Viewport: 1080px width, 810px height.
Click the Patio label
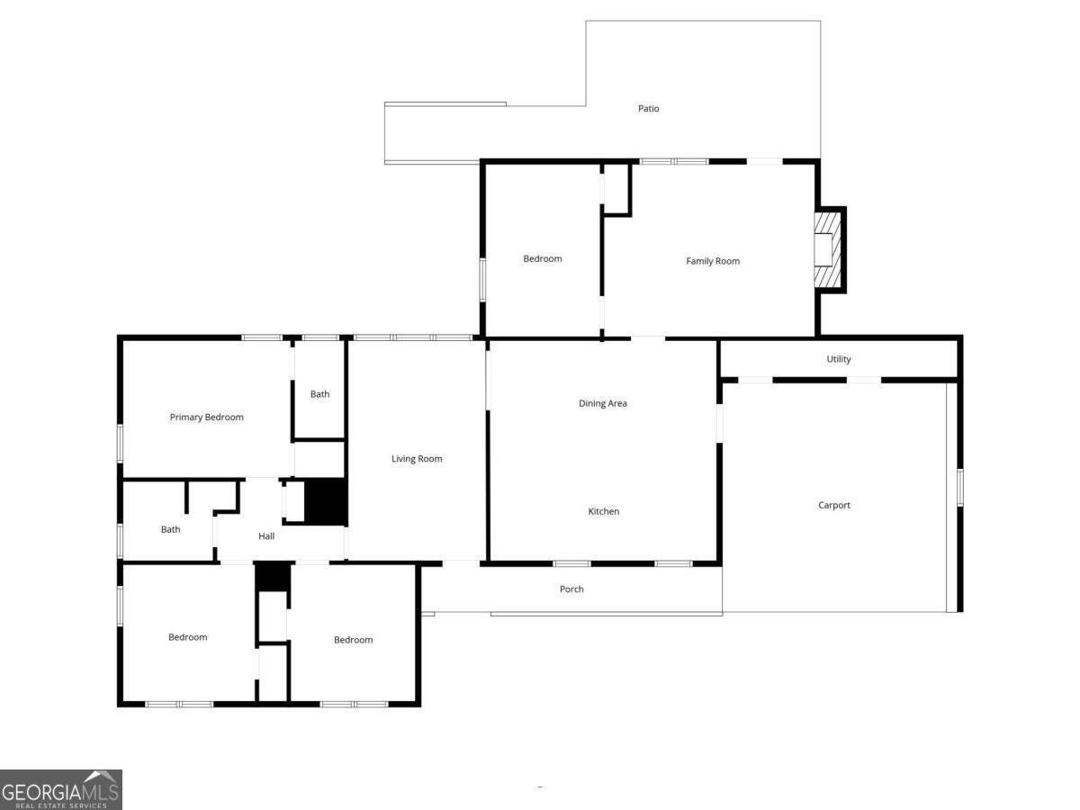pyautogui.click(x=648, y=108)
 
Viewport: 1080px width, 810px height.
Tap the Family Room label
pyautogui.click(x=713, y=261)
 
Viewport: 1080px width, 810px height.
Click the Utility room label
pyautogui.click(x=838, y=359)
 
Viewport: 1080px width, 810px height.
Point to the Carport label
pyautogui.click(x=833, y=505)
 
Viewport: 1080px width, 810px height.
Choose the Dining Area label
pyautogui.click(x=602, y=403)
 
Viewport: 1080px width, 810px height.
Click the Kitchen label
pyautogui.click(x=603, y=511)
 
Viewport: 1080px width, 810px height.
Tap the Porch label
pyautogui.click(x=571, y=589)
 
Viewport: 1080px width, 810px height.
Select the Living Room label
pyautogui.click(x=417, y=459)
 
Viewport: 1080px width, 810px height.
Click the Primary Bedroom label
pyautogui.click(x=206, y=417)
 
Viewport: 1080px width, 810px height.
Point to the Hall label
pyautogui.click(x=266, y=536)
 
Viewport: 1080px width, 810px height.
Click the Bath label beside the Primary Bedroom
pyautogui.click(x=319, y=394)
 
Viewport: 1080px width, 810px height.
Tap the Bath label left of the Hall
pyautogui.click(x=170, y=529)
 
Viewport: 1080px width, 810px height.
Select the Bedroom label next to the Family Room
pyautogui.click(x=542, y=258)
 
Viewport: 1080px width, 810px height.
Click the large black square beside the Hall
pyautogui.click(x=326, y=501)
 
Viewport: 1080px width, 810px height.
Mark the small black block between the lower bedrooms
pyautogui.click(x=273, y=577)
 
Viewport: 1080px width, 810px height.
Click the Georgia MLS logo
pyautogui.click(x=60, y=790)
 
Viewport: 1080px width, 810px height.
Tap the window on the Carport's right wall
pyautogui.click(x=960, y=488)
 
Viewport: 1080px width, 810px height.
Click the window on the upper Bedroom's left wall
pyautogui.click(x=482, y=280)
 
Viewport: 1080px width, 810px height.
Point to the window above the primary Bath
pyautogui.click(x=319, y=337)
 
